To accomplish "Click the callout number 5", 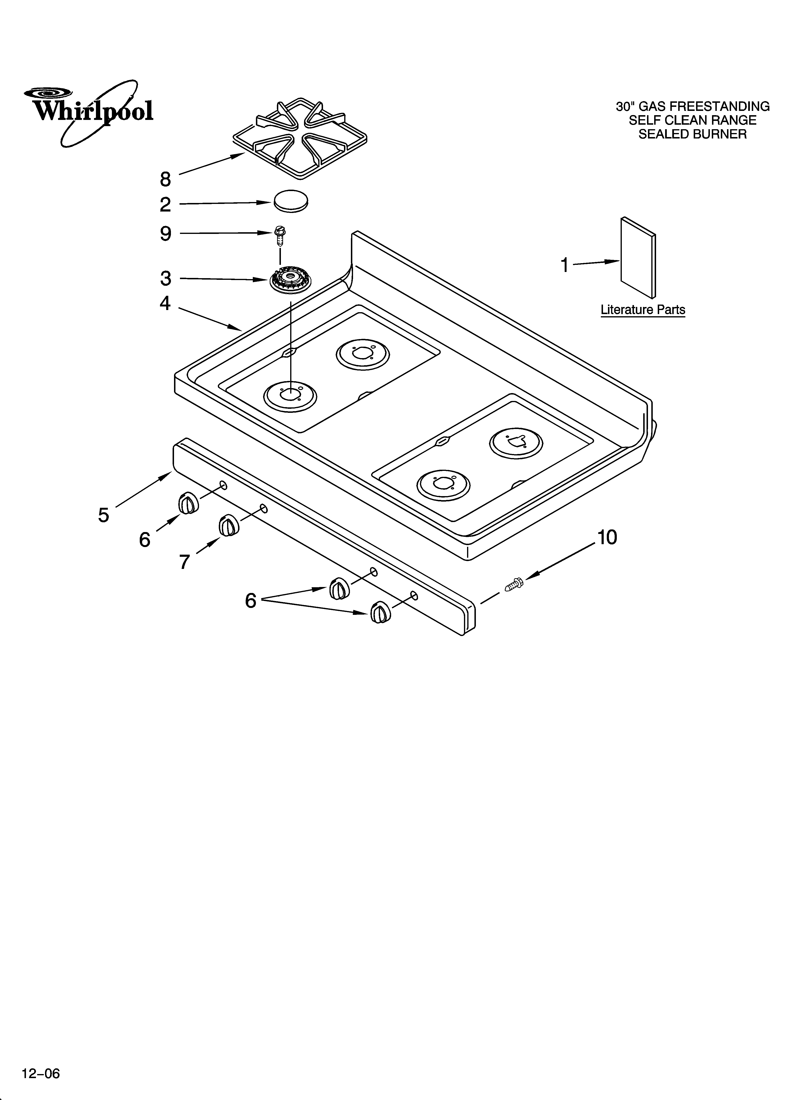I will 103,515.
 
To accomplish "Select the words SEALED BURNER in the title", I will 692,134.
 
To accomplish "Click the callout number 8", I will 165,179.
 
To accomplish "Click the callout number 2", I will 165,205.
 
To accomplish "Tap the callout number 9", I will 165,234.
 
